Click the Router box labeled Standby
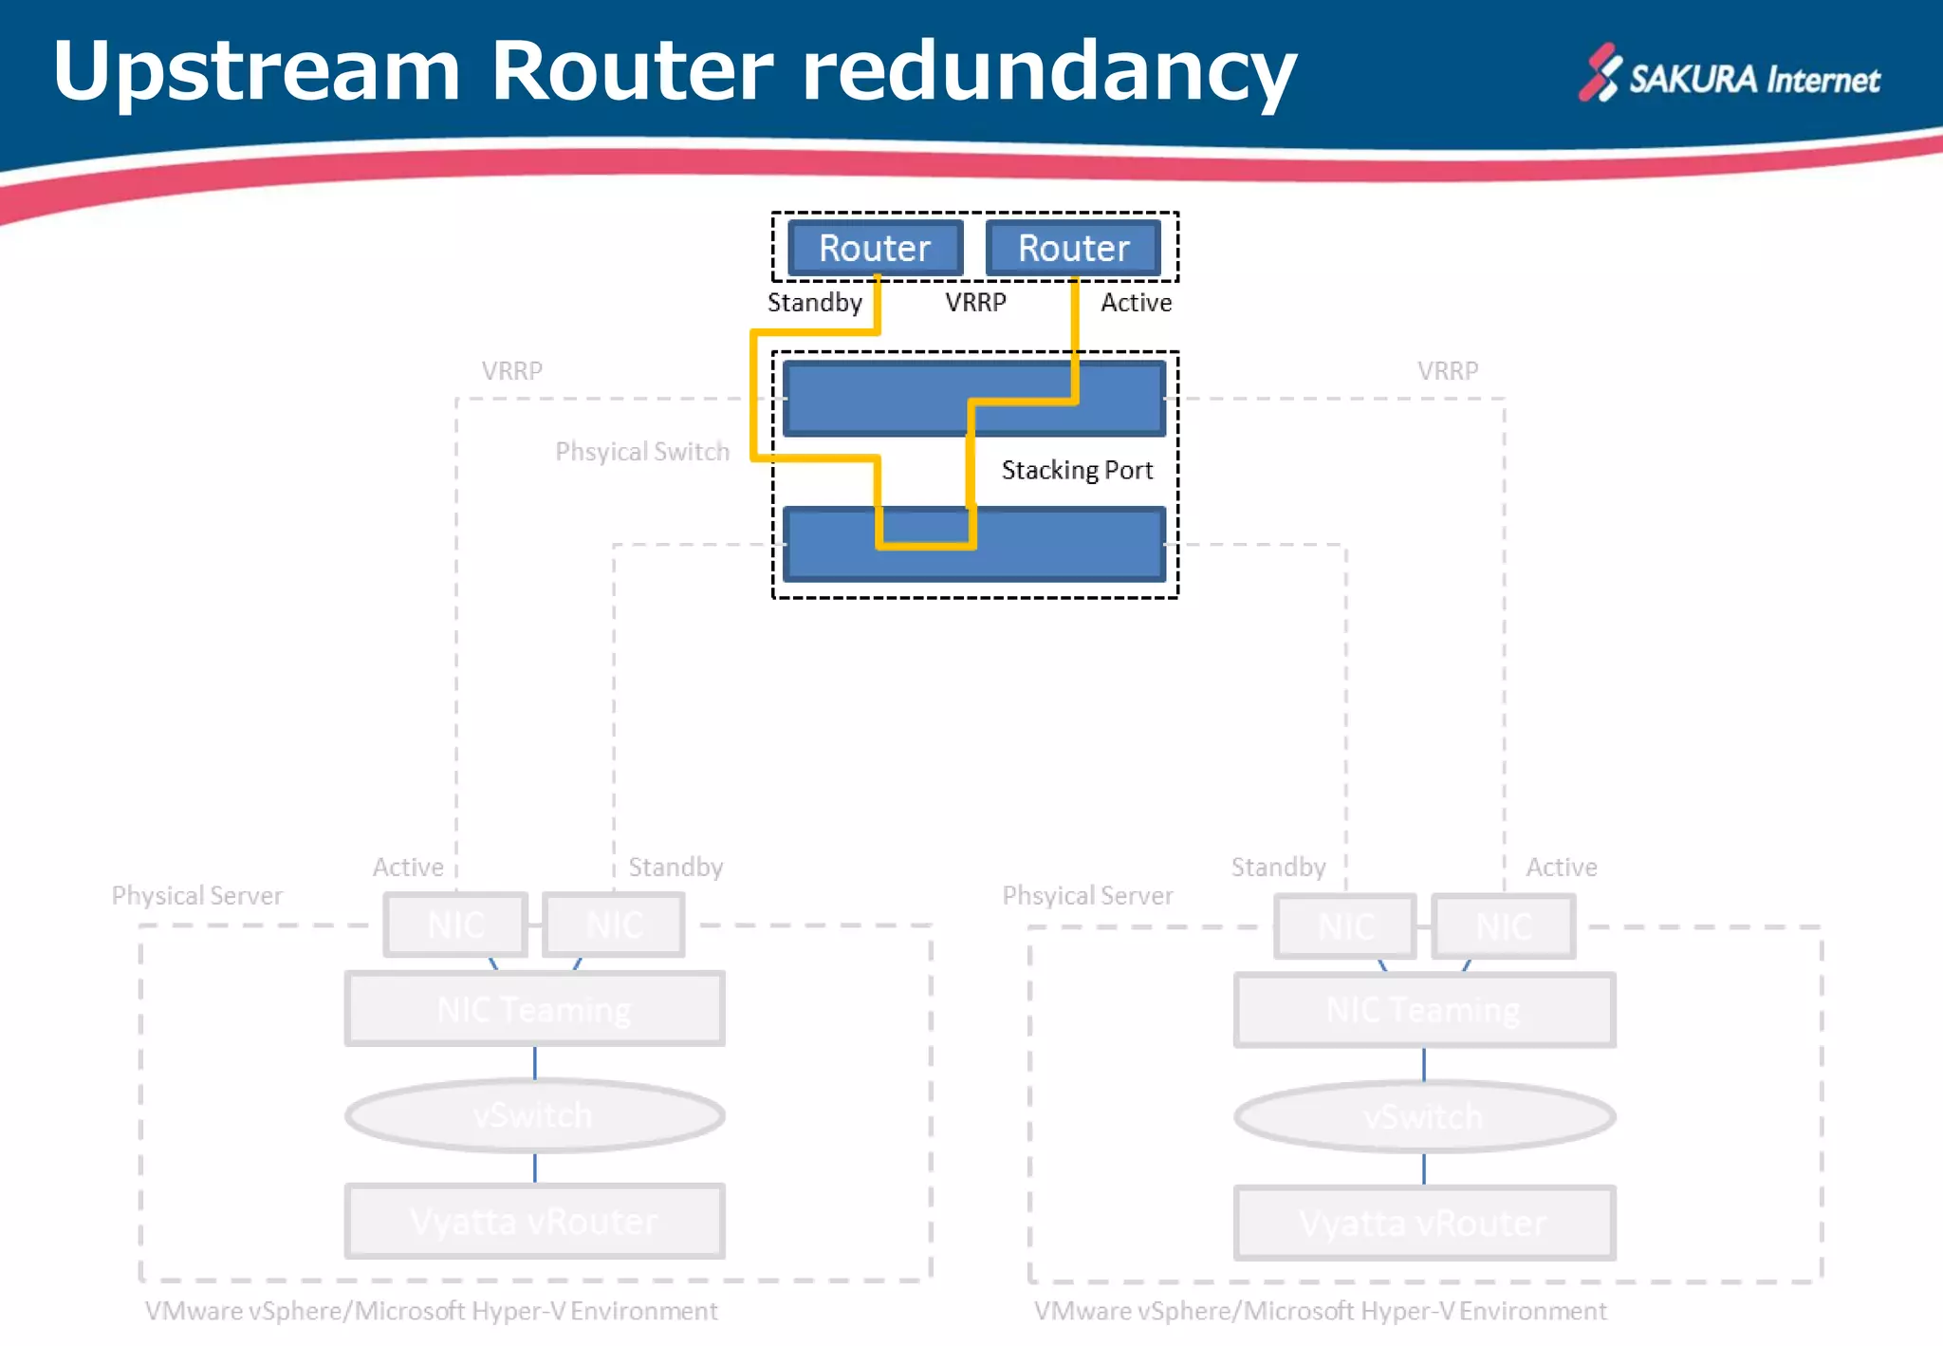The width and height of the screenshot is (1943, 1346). [875, 248]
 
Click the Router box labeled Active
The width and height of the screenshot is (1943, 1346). [1073, 248]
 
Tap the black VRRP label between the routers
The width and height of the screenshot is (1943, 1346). [975, 303]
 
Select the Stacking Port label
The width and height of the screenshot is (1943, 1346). [1077, 470]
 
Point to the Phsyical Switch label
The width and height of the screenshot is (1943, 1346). [642, 452]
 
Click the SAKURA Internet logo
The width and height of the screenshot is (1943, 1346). [1730, 76]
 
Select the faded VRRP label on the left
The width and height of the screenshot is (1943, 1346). [511, 371]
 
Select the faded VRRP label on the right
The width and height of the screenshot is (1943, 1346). [1448, 371]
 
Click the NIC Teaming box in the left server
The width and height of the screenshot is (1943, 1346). [534, 1009]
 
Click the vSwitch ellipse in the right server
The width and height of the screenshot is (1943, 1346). [1423, 1116]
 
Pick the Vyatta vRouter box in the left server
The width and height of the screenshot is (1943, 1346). [534, 1222]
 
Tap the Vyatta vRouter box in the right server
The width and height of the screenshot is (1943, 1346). [1423, 1224]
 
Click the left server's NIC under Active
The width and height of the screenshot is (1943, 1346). [455, 925]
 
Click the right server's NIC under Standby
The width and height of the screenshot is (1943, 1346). [1345, 926]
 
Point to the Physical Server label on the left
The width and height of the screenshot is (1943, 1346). [197, 895]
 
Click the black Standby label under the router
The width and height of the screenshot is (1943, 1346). [814, 303]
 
